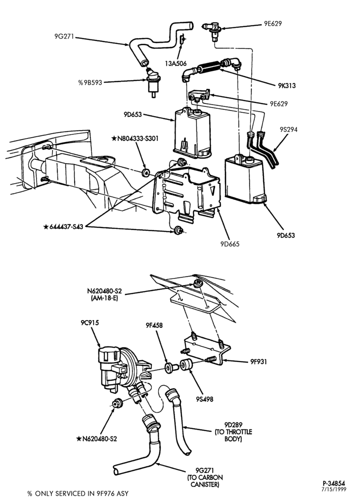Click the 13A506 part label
tap(175, 63)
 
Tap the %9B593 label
tap(90, 82)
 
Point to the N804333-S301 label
tap(135, 138)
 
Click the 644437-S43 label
tap(63, 226)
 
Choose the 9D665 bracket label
tap(229, 244)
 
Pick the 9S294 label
tap(288, 129)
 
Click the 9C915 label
tap(89, 322)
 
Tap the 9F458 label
tap(154, 325)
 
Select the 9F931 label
tap(258, 361)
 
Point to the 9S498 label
tap(204, 399)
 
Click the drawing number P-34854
tap(333, 483)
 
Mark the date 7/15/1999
tap(333, 489)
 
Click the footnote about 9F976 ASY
tap(78, 493)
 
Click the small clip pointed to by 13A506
tap(182, 39)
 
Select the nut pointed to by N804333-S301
tap(145, 172)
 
